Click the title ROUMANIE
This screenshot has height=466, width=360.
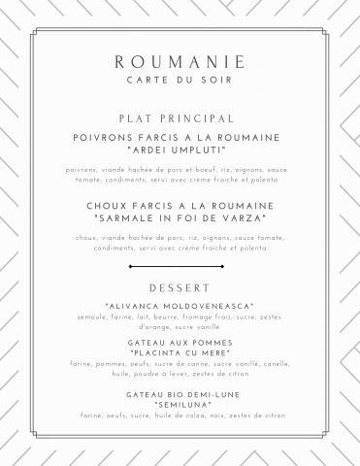(180, 62)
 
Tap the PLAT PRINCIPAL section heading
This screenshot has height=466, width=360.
(180, 117)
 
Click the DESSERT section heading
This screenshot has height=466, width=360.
(180, 288)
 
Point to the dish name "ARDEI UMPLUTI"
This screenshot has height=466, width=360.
(180, 150)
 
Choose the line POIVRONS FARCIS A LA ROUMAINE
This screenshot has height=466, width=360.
(180, 138)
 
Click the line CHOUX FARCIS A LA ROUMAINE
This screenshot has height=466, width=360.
(180, 206)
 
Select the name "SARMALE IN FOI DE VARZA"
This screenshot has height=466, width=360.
(180, 218)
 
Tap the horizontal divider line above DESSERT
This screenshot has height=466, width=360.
(180, 265)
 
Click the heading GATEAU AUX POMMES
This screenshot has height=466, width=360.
(180, 343)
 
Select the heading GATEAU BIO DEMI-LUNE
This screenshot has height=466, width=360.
(180, 394)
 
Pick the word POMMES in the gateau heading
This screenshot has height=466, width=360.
(212, 343)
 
